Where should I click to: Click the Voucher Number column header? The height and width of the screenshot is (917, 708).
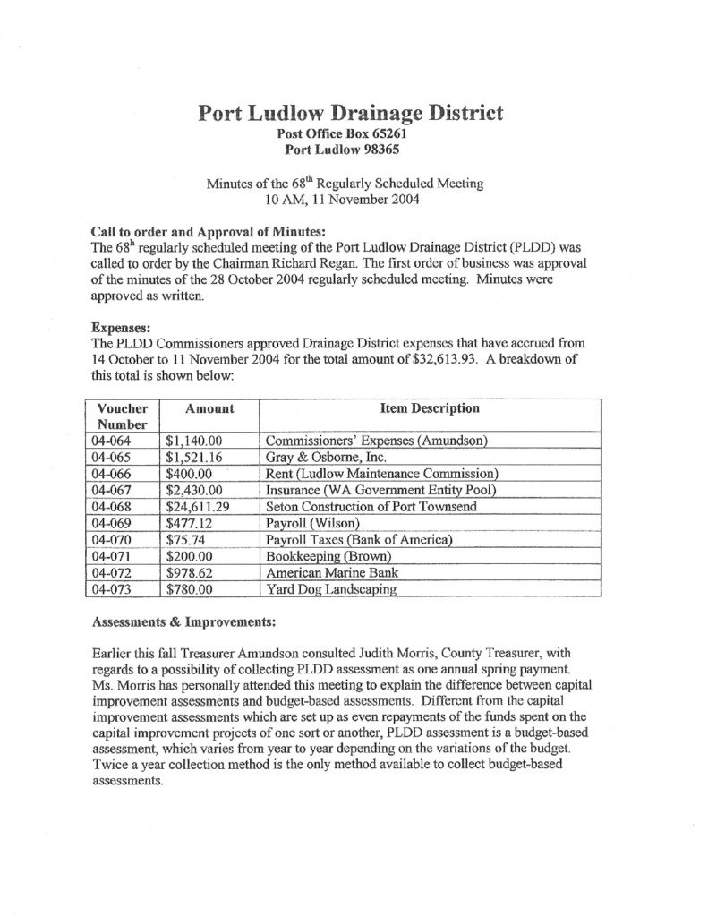point(122,416)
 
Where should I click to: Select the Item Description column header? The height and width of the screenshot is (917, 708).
point(430,409)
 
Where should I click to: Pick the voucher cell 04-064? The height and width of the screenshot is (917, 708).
point(113,441)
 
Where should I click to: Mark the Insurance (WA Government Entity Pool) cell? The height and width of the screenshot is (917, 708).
point(381,491)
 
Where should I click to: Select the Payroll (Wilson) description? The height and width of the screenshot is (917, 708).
point(312,524)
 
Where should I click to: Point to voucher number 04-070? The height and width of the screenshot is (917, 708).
point(113,540)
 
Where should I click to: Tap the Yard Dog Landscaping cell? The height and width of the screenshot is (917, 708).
point(330,589)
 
